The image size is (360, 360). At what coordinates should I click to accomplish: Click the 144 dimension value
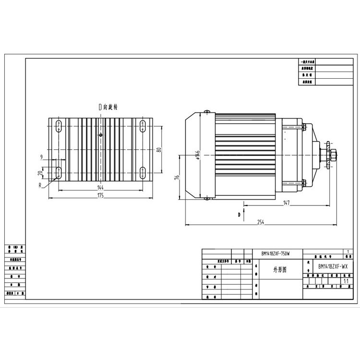click(x=100, y=187)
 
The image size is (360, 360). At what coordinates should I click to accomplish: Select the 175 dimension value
click(x=100, y=196)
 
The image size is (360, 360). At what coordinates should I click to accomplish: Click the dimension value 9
click(x=42, y=157)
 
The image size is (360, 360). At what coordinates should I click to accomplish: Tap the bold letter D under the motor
click(x=238, y=215)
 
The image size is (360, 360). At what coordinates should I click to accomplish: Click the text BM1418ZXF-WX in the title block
click(x=333, y=265)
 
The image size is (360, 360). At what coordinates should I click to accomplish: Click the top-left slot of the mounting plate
click(x=58, y=126)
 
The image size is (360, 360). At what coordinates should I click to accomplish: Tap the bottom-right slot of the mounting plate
click(x=143, y=172)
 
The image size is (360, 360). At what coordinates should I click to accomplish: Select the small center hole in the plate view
click(x=100, y=135)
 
